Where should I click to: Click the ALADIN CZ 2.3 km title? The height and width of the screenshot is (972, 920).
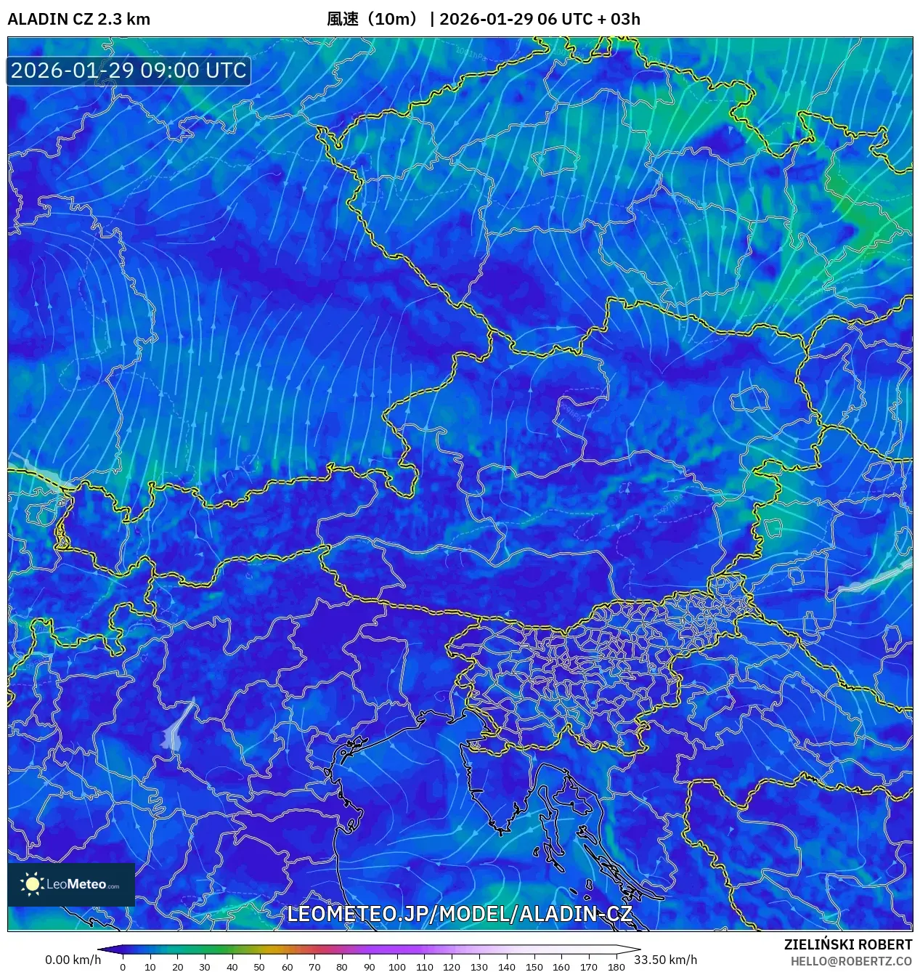point(78,19)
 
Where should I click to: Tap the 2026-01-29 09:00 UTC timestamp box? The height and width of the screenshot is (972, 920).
point(129,70)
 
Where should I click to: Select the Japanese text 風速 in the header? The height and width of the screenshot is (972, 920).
point(343,19)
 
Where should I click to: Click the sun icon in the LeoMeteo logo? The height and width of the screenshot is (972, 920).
point(32,884)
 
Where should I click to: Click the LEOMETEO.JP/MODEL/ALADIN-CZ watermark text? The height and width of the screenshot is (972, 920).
point(459,914)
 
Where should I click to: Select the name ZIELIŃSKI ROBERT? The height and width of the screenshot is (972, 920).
point(847,944)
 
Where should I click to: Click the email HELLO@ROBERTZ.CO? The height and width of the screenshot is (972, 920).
point(851,960)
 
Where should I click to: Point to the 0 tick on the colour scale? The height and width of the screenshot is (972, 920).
point(123,966)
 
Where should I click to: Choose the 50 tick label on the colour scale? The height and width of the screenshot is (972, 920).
point(259,966)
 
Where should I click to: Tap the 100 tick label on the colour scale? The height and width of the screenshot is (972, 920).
point(396,966)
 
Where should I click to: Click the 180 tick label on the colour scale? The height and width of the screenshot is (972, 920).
point(616,966)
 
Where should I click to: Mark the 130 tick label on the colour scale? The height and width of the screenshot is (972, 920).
point(479,966)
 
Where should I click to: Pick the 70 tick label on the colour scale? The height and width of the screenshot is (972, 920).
point(314,966)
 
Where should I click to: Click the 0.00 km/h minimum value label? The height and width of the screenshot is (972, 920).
point(73,960)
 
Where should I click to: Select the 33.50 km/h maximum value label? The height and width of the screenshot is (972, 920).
point(665,960)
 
